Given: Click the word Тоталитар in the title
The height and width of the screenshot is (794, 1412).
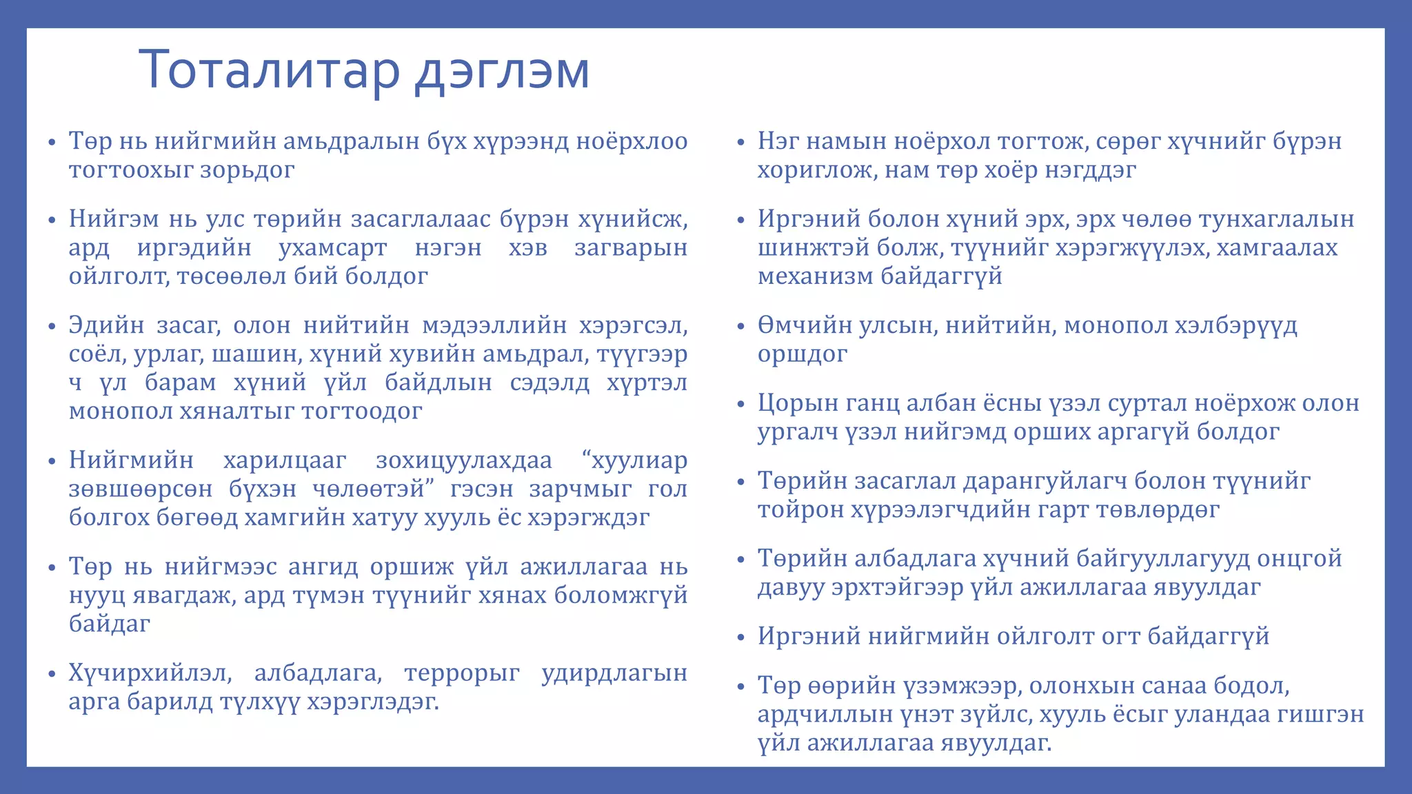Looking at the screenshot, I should (270, 70).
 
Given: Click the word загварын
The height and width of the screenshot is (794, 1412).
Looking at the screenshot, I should (631, 247).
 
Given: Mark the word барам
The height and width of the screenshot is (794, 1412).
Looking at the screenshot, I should (181, 383).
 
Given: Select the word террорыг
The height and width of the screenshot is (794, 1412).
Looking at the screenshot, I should (462, 673).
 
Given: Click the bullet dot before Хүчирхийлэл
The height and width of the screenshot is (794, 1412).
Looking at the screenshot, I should (52, 674).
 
